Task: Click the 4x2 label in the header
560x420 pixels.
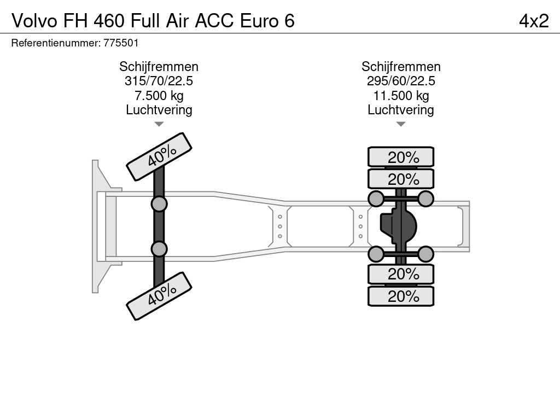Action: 534,21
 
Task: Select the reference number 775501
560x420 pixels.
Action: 121,43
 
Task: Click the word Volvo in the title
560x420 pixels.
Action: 34,21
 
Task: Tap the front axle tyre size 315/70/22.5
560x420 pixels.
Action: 159,81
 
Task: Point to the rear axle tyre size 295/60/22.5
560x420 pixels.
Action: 401,81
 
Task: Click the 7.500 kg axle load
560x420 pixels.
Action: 159,96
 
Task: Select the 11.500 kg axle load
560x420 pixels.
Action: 401,96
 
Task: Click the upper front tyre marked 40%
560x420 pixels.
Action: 159,157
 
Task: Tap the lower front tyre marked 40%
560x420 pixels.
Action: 159,296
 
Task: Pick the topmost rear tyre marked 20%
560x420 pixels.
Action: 401,157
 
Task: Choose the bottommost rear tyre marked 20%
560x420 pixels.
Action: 401,296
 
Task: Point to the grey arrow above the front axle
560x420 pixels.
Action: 159,124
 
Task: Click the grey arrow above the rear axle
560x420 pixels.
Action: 401,124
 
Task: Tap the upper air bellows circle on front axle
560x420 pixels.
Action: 159,205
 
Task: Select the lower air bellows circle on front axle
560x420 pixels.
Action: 159,249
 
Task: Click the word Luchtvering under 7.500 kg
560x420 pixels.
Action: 159,110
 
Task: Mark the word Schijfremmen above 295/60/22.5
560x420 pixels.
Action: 401,67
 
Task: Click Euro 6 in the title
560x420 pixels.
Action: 267,21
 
